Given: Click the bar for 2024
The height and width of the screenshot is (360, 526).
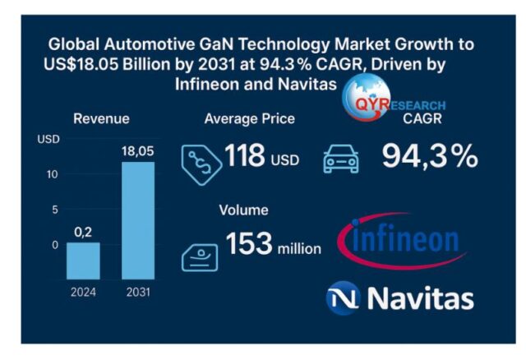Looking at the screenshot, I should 83,261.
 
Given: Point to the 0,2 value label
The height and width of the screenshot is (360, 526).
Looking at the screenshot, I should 83,233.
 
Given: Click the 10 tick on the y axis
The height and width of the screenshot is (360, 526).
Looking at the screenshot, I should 52,173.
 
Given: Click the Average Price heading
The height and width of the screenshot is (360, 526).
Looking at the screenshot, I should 249,119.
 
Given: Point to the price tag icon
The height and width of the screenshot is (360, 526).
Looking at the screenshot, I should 201,158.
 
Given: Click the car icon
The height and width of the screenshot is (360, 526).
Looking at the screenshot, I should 341,159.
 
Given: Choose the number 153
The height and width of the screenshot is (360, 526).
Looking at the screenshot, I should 250,246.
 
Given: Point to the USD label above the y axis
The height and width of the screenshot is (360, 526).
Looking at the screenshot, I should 48,139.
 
